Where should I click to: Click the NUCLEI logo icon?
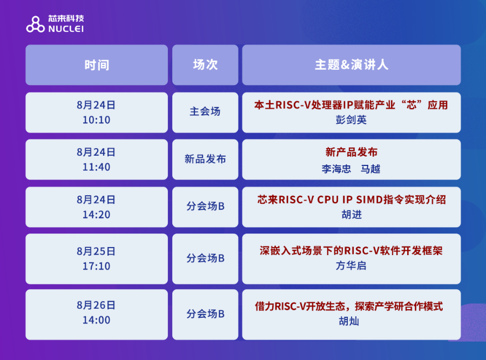(x=35, y=24)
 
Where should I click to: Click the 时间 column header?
(x=97, y=65)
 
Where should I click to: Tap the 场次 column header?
(x=205, y=65)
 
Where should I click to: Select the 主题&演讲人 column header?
(x=352, y=65)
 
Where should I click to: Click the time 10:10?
(x=97, y=120)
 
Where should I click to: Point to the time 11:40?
(x=97, y=167)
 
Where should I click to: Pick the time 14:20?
(x=97, y=215)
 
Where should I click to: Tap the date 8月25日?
(x=96, y=251)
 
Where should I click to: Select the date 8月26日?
(x=96, y=305)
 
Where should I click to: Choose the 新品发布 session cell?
(x=205, y=159)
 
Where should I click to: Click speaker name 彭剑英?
(x=351, y=120)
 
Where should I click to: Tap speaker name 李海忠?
(x=336, y=169)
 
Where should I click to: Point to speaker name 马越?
(x=370, y=169)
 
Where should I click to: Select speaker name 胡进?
(x=352, y=215)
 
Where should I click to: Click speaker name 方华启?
(x=351, y=265)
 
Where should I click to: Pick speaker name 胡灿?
(x=349, y=321)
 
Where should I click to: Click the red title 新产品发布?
(x=352, y=152)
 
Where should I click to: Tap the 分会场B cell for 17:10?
(x=205, y=259)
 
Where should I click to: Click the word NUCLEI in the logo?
(x=66, y=29)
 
